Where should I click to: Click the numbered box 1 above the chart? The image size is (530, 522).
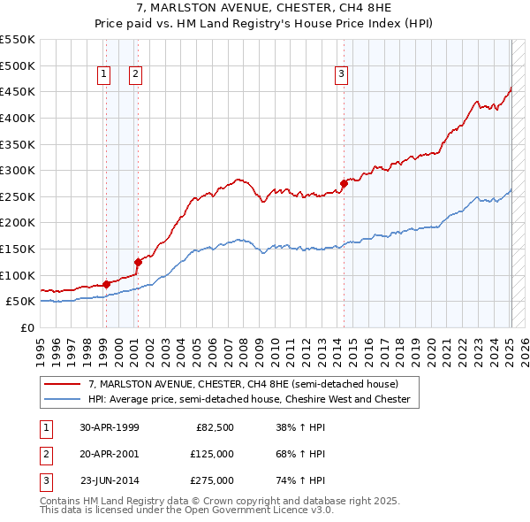[x=104, y=75]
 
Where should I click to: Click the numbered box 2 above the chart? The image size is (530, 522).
[x=135, y=75]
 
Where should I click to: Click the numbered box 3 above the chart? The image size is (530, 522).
[x=341, y=75]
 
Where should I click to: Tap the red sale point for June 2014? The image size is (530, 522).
[x=344, y=183]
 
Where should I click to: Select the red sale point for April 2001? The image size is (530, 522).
[x=138, y=262]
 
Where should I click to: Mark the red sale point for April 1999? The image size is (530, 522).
[x=106, y=284]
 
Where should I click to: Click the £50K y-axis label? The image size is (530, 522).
[x=20, y=301]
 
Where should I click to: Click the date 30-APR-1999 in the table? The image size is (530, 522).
[x=110, y=427]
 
